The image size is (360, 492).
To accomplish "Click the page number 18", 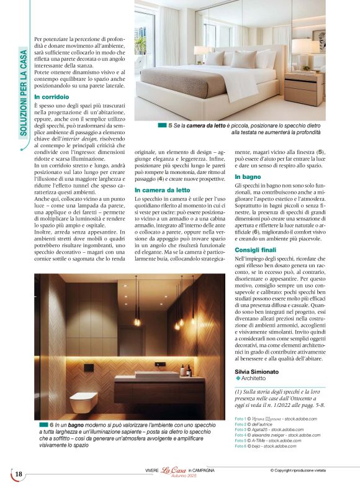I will [x=19, y=475].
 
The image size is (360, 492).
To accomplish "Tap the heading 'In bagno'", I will [x=247, y=177].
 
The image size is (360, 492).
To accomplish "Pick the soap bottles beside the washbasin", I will [x=184, y=370].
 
